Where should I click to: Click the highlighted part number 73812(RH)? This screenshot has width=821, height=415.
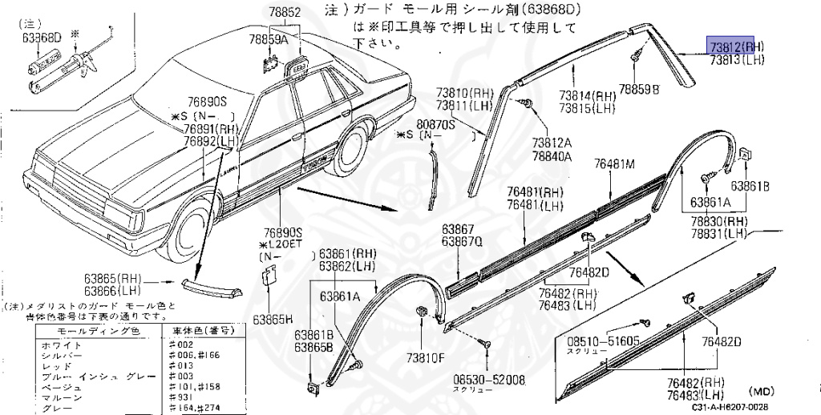pyautogui.click(x=734, y=46)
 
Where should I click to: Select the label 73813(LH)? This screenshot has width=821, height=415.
pyautogui.click(x=735, y=58)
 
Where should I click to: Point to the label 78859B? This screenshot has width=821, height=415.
pyautogui.click(x=638, y=90)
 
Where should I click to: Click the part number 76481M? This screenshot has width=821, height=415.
pyautogui.click(x=614, y=164)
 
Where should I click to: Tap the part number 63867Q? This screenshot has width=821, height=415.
pyautogui.click(x=462, y=241)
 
